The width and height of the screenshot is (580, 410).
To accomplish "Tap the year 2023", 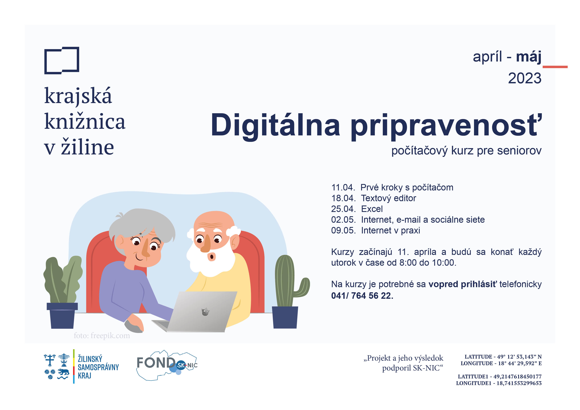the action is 524,78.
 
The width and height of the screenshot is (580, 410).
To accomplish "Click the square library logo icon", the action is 62,61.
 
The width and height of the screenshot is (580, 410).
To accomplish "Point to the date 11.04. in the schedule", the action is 343,187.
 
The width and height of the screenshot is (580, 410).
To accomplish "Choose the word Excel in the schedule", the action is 372,209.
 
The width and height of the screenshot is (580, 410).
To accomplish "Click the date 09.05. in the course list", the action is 343,230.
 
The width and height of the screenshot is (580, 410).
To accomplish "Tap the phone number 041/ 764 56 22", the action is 362,296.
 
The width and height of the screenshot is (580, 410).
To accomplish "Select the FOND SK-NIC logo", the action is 167,365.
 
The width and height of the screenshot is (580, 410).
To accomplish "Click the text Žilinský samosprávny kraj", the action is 98,367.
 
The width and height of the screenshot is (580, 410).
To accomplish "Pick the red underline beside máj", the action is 555,67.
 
